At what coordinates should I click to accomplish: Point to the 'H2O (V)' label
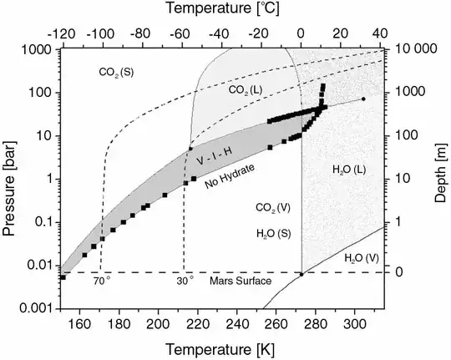coord(361,260)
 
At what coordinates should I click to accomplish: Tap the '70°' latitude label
coord(100,281)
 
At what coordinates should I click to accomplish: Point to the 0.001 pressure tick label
coord(34,309)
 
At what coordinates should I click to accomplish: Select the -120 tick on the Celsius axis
coord(62,35)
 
